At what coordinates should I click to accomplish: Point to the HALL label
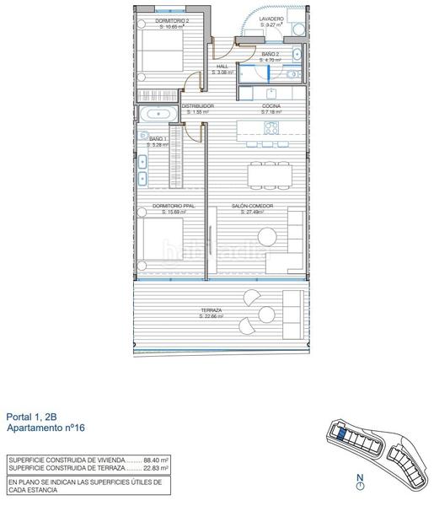click(222, 66)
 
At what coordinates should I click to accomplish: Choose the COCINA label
click(271, 105)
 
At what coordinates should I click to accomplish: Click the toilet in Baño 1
click(144, 137)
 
